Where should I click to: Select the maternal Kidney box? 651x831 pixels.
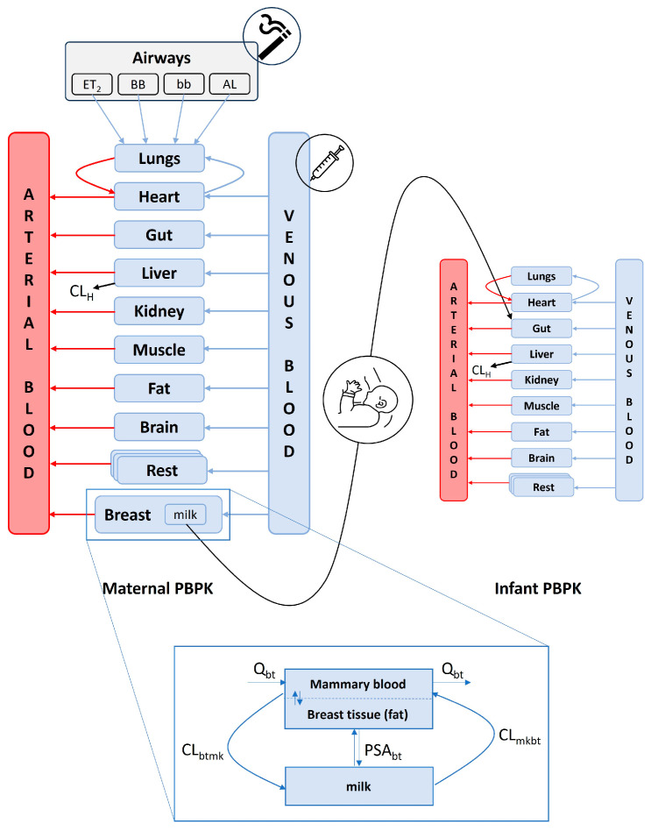160,311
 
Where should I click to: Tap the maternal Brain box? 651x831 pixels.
160,427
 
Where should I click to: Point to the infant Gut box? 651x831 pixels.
541,327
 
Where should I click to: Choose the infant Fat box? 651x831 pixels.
541,430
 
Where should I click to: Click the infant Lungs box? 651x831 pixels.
541,275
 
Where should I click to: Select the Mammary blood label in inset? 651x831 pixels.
360,684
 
